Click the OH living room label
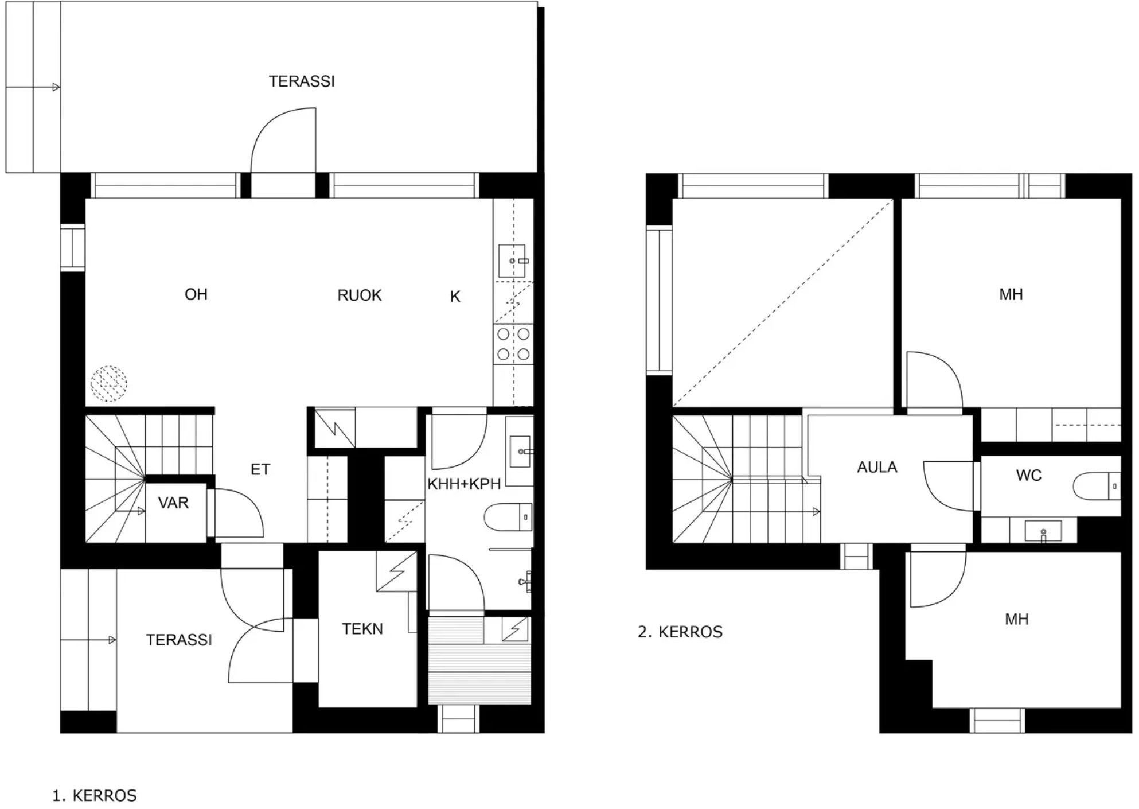tap(196, 294)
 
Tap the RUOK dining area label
tap(360, 295)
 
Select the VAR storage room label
tap(173, 503)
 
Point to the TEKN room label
tap(362, 629)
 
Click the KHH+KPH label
tap(464, 484)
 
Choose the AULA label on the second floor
tap(877, 468)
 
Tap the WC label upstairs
tap(1028, 476)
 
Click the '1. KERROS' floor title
tap(95, 796)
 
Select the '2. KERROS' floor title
tap(680, 632)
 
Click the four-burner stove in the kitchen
tap(513, 344)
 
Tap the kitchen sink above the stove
tap(512, 261)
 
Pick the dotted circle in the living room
tap(109, 383)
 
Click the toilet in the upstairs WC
tap(1097, 486)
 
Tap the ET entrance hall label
tap(260, 470)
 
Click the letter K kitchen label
tap(455, 297)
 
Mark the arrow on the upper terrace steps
tap(33, 87)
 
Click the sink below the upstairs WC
tap(1043, 531)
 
